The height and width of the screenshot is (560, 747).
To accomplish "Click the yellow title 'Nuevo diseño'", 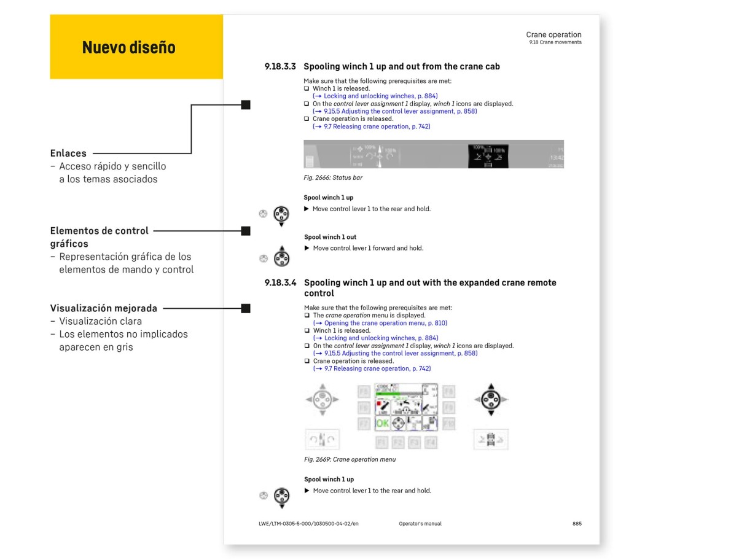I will pos(128,47).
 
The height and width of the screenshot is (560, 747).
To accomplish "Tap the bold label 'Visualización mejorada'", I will pos(104,308).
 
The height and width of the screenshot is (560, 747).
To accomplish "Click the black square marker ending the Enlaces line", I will pos(246,105).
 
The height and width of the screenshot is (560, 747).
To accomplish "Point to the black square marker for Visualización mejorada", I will pos(246,308).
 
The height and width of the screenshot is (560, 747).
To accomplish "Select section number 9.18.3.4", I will pos(280,283).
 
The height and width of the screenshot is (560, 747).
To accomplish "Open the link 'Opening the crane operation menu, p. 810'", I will pos(381,323).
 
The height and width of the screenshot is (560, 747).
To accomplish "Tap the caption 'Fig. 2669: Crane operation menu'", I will pos(350,459).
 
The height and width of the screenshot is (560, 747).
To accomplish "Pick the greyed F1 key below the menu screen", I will pos(381,442).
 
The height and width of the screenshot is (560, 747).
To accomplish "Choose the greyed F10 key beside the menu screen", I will pos(449,423).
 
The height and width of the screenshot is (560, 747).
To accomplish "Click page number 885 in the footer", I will pos(576,524).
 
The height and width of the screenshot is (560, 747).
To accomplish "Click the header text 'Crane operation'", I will pos(553,34).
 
